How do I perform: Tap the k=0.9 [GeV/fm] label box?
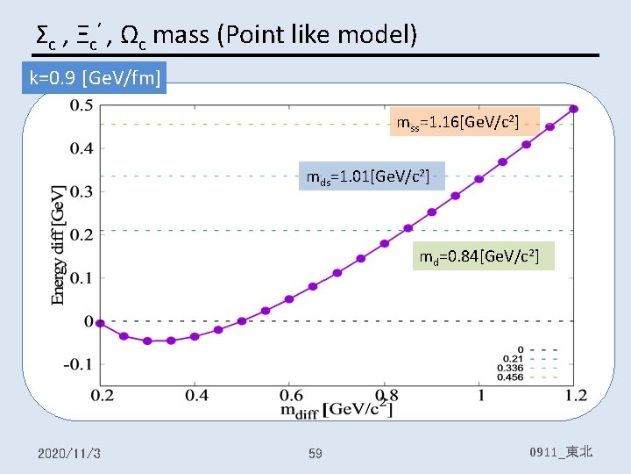pos(96,78)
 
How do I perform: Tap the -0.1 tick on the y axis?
pos(79,364)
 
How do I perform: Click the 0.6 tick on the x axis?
pos(289,396)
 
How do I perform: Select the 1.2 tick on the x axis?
pos(576,396)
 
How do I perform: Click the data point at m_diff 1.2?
pos(574,109)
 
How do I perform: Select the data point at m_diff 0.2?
pos(100,323)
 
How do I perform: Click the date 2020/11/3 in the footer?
pos(69,453)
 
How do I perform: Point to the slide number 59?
pos(315,453)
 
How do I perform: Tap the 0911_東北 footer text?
pos(561,452)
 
